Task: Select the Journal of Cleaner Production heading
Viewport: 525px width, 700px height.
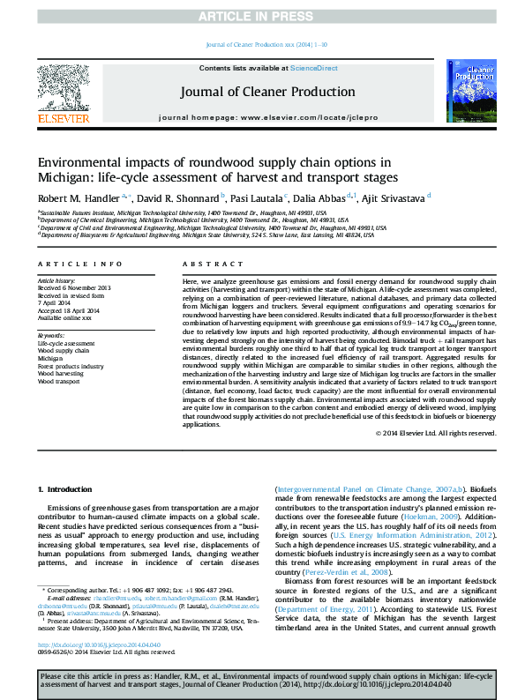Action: click(x=267, y=92)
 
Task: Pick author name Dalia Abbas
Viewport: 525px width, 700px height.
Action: click(x=326, y=197)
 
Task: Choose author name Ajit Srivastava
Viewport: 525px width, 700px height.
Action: click(x=395, y=197)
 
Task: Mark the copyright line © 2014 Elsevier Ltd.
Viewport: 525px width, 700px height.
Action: click(x=436, y=433)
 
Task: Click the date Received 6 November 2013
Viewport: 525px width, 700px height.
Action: click(x=74, y=288)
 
